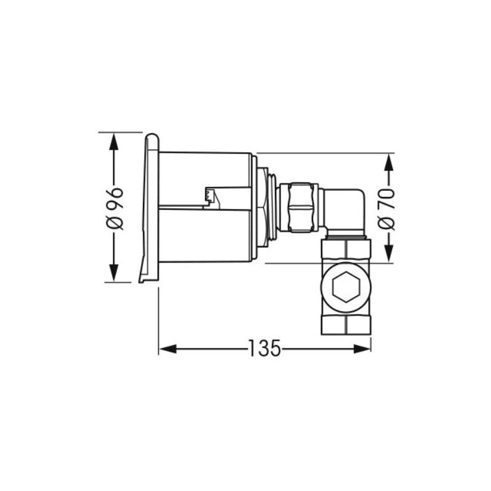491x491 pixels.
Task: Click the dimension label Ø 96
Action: pyautogui.click(x=115, y=209)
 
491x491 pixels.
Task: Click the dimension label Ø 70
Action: pyautogui.click(x=387, y=209)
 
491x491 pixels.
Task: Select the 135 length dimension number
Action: pyautogui.click(x=265, y=348)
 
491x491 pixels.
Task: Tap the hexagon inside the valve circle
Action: pyautogui.click(x=346, y=287)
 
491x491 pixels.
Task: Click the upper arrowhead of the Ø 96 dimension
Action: pyautogui.click(x=114, y=142)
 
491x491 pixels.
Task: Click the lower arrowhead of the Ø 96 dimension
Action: pyautogui.click(x=114, y=273)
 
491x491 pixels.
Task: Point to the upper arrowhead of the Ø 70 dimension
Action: pyautogui.click(x=389, y=162)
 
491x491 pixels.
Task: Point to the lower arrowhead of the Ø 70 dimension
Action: pyautogui.click(x=389, y=253)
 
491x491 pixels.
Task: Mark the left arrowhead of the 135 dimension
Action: pyautogui.click(x=168, y=349)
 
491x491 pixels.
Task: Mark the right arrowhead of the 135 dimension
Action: pyautogui.click(x=362, y=349)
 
